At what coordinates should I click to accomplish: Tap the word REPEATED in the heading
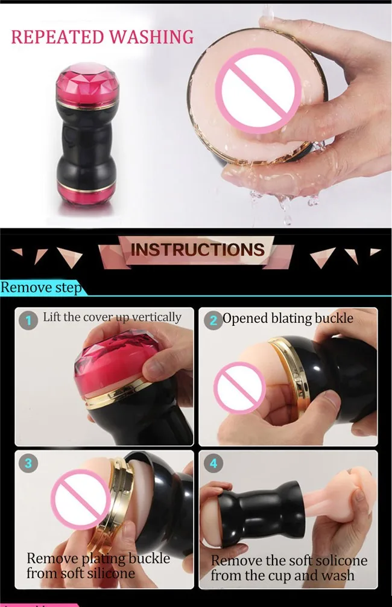coord(58,37)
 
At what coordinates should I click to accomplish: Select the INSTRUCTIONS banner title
coord(198,250)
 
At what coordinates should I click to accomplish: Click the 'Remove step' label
coord(41,288)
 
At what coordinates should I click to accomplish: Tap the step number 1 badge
coord(28,320)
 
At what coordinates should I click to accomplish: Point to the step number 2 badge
coord(213,320)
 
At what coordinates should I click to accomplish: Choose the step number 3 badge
coord(28,463)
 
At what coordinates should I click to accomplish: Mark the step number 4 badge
coord(213,463)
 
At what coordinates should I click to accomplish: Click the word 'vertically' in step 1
coord(156,317)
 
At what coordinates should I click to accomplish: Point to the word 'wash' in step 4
coord(337,575)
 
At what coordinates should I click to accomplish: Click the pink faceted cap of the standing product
coord(87,85)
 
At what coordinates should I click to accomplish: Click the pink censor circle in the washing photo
coord(258,91)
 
